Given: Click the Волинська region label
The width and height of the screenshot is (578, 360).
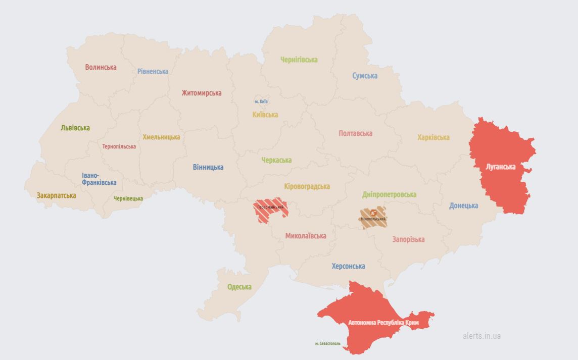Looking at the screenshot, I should (x=101, y=67).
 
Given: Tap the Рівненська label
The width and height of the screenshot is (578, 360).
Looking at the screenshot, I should (x=153, y=71).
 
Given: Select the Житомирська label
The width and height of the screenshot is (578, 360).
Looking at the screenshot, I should (x=202, y=93).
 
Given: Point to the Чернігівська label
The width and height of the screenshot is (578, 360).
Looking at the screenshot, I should (x=299, y=60).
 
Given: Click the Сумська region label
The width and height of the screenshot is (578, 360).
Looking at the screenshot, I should (x=365, y=76).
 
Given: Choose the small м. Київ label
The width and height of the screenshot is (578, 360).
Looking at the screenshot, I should (x=261, y=101).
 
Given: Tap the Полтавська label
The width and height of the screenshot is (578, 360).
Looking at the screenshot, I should (x=355, y=133).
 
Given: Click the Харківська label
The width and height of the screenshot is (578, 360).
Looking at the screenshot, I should (x=433, y=137).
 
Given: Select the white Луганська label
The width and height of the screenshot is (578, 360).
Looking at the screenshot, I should (x=500, y=167).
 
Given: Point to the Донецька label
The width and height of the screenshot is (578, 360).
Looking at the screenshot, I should (x=463, y=205).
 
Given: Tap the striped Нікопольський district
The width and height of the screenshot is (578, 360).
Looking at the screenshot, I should (x=373, y=216).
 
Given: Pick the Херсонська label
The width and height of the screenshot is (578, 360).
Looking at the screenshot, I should (x=348, y=266).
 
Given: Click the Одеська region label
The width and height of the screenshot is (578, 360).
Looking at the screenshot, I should (x=239, y=287).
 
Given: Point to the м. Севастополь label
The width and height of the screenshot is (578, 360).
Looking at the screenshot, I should (x=327, y=343).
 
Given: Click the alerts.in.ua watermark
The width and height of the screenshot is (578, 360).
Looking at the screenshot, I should (x=481, y=336).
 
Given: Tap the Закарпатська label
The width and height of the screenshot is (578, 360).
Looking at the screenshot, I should (x=56, y=195).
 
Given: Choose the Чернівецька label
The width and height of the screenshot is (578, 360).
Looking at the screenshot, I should (x=128, y=198).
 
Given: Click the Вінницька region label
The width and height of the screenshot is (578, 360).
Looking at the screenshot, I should (x=208, y=167).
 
